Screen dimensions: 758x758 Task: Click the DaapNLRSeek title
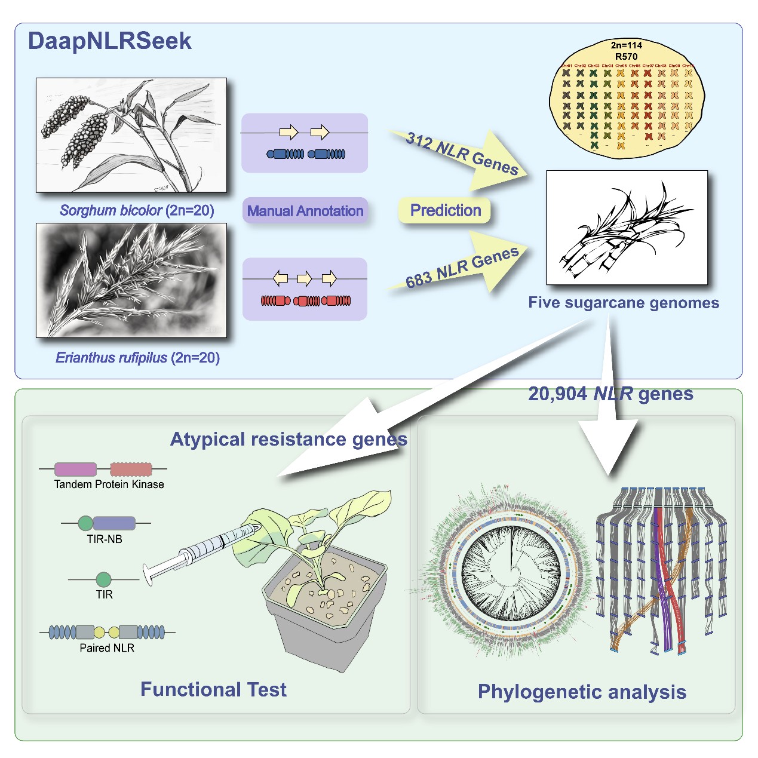click(110, 41)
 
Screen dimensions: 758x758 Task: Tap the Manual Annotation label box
click(305, 211)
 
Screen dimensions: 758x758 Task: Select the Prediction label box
click(446, 210)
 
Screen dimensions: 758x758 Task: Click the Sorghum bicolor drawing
click(131, 135)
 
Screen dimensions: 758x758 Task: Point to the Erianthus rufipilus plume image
click(131, 280)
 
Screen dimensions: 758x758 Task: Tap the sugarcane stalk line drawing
click(627, 228)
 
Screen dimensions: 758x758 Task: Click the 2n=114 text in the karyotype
click(626, 45)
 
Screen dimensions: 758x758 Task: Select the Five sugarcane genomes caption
click(624, 303)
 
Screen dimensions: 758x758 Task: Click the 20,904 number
click(557, 394)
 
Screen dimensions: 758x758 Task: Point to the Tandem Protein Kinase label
click(109, 484)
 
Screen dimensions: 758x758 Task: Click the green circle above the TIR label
click(103, 579)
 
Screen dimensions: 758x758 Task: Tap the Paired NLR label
click(107, 648)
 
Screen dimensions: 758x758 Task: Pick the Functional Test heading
click(213, 689)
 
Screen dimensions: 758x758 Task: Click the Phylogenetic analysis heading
click(582, 692)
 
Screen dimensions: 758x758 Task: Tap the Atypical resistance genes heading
click(289, 440)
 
